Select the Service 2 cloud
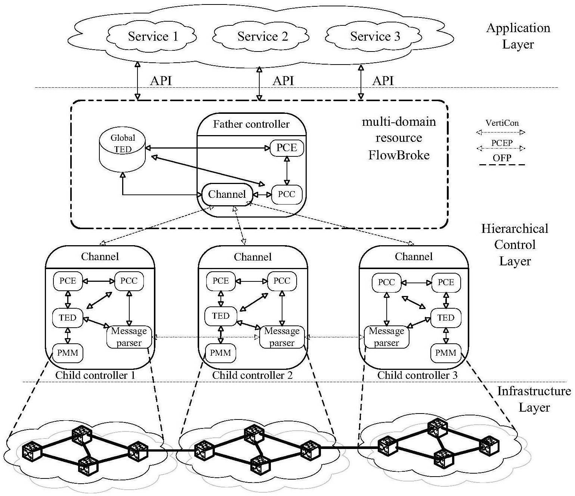point(262,37)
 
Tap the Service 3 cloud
point(375,37)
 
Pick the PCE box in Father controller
point(287,148)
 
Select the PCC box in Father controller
point(287,194)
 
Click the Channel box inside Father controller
point(227,194)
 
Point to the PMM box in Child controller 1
point(68,353)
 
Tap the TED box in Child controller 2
point(220,316)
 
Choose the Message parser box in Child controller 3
point(386,337)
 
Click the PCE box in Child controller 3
point(446,282)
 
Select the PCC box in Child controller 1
point(129,281)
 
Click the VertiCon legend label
point(502,123)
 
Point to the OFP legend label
point(502,158)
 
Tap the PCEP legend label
point(502,143)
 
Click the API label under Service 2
point(283,81)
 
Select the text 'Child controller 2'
point(253,375)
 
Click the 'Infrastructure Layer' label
point(534,399)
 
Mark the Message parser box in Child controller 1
point(129,337)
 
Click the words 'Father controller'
point(251,124)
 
